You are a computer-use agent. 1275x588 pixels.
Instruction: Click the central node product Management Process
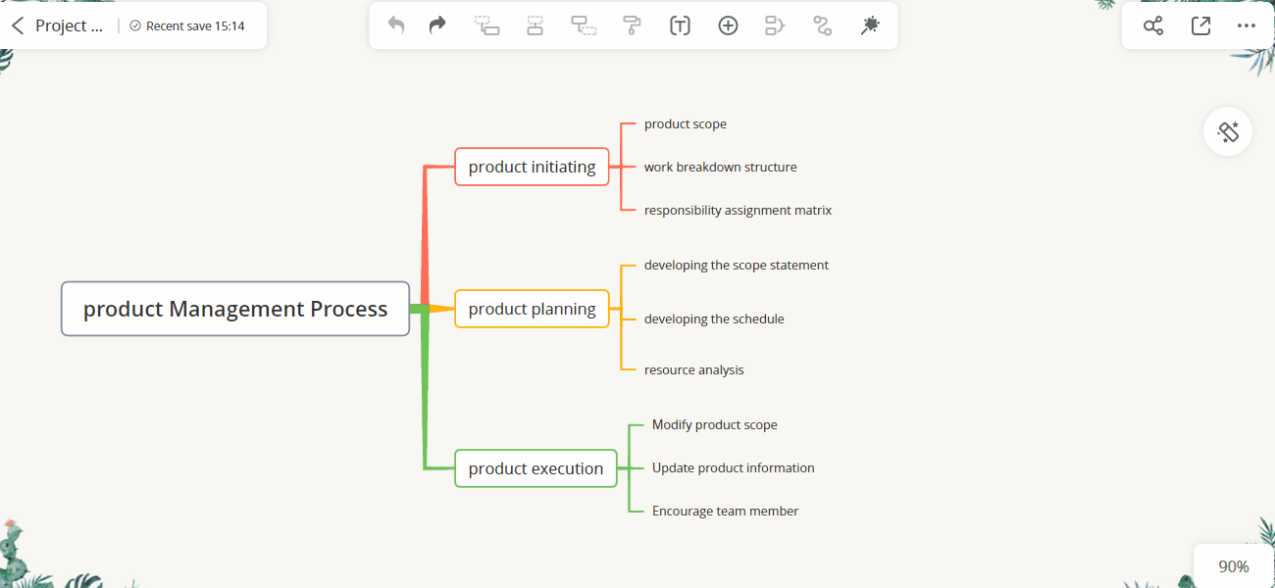coord(235,309)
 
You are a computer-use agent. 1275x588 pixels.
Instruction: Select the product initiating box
coord(532,167)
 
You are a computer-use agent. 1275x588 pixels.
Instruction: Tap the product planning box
coord(532,309)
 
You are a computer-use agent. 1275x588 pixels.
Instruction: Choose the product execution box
coord(535,468)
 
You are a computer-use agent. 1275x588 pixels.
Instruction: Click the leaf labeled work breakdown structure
coord(720,168)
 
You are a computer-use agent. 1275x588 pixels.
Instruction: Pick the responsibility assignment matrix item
coord(738,211)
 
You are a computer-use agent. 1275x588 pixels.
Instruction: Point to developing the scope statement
coord(736,265)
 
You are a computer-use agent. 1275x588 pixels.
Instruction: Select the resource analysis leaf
coord(693,369)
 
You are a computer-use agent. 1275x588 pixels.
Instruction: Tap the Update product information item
coord(734,467)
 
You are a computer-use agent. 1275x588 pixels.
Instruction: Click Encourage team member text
coord(725,511)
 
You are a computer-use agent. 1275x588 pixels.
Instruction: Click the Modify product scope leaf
coord(714,424)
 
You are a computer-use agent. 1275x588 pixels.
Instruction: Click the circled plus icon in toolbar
coord(728,25)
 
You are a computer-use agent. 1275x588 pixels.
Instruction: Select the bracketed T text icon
coord(680,25)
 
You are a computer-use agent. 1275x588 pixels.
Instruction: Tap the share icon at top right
coord(1153,25)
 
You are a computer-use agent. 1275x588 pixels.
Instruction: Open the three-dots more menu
coord(1247,25)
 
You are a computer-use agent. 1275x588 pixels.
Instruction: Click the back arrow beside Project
coord(18,25)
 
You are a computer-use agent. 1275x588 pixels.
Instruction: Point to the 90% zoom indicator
coord(1234,566)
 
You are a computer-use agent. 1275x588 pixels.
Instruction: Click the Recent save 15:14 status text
coord(195,26)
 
